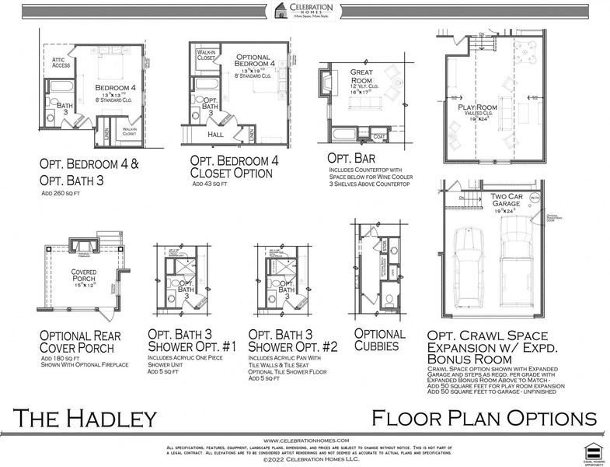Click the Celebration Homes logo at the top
click(305, 10)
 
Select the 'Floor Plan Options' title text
click(483, 418)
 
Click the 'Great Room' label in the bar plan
click(362, 75)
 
